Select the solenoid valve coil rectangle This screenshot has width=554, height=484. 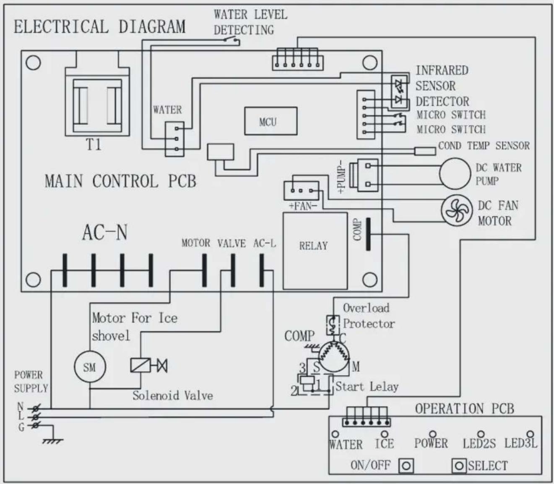pyautogui.click(x=140, y=365)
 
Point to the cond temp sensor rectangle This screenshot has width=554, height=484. pyautogui.click(x=425, y=151)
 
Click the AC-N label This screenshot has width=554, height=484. pyautogui.click(x=105, y=232)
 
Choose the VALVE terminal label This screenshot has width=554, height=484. pyautogui.click(x=231, y=243)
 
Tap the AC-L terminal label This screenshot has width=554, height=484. pyautogui.click(x=265, y=243)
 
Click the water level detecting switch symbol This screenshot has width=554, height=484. pyautogui.click(x=231, y=40)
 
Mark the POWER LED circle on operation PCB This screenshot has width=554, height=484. pyautogui.click(x=433, y=434)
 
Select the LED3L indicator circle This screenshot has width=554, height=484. pyautogui.click(x=531, y=434)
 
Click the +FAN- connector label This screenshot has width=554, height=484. pyautogui.click(x=303, y=206)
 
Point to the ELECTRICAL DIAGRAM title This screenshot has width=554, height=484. pyautogui.click(x=100, y=26)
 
